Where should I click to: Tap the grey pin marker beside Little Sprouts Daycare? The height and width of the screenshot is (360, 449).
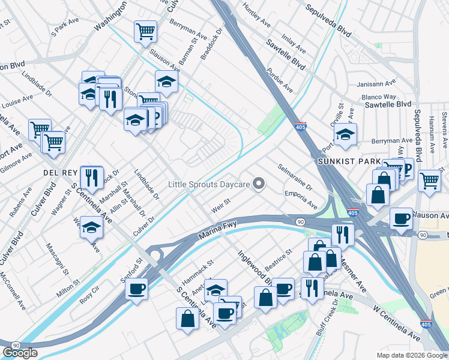(x=259, y=183)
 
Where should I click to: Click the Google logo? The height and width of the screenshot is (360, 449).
(x=20, y=353)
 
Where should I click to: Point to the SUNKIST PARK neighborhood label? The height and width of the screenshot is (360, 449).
(x=349, y=162)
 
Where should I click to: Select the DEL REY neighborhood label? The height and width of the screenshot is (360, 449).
(x=58, y=172)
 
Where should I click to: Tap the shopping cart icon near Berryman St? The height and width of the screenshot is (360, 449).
(x=145, y=31)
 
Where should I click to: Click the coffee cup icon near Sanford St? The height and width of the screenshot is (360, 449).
(x=137, y=290)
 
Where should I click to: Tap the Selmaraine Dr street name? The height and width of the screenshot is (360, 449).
(x=295, y=178)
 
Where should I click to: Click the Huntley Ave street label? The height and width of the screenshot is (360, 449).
(x=257, y=15)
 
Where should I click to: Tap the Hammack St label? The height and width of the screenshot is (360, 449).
(x=198, y=272)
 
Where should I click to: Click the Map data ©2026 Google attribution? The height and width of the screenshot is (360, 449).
(x=411, y=355)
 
